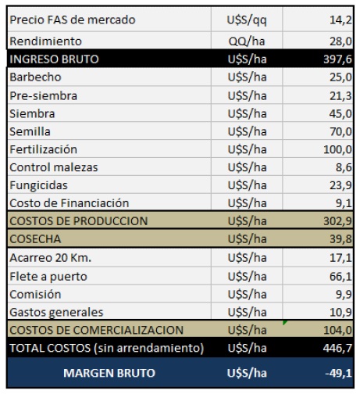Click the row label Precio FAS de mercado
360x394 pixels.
[x=73, y=20]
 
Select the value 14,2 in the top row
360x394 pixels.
[x=340, y=20]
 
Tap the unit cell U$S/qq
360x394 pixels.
[x=247, y=20]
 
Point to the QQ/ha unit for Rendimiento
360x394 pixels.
[x=247, y=41]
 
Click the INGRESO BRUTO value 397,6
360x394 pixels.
[x=338, y=59]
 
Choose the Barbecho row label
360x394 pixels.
[x=35, y=77]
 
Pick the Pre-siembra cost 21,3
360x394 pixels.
[x=340, y=96]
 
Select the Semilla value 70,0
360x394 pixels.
[x=340, y=131]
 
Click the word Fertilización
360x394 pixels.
[x=43, y=149]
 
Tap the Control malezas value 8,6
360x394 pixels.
[x=344, y=167]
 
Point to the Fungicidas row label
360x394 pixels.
[x=38, y=185]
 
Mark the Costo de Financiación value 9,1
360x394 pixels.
[x=344, y=203]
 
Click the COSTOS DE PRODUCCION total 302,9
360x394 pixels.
[x=338, y=221]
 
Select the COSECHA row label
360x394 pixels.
[x=35, y=239]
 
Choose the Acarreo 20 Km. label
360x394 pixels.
[x=51, y=258]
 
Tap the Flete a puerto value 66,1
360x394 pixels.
[x=340, y=277]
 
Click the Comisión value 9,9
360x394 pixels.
[x=344, y=295]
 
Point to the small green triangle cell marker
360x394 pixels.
[x=284, y=323]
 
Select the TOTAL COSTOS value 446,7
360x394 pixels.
[x=338, y=348]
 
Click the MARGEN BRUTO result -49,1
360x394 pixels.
[x=339, y=373]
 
